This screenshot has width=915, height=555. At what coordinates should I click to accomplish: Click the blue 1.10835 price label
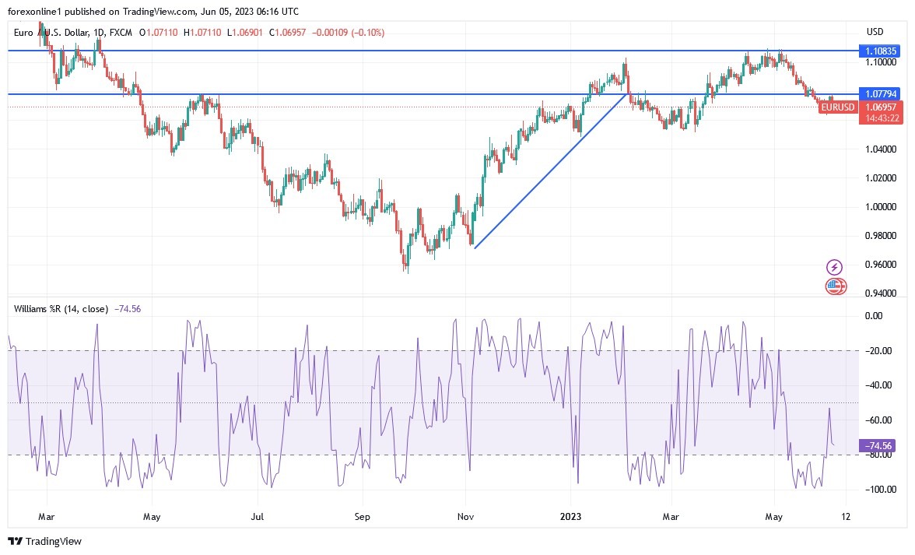pos(881,51)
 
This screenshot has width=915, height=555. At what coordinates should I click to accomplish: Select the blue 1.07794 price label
pos(881,94)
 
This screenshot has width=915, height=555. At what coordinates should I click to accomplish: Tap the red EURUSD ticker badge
pos(837,107)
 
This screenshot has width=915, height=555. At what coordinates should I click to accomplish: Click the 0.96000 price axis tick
pos(881,265)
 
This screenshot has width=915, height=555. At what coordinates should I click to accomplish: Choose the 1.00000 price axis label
pos(881,207)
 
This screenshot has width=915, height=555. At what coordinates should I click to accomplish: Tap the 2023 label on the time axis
pos(571,517)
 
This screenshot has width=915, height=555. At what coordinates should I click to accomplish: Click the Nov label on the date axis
pos(466,517)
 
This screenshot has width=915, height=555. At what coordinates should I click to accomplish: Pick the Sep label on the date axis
pos(361,517)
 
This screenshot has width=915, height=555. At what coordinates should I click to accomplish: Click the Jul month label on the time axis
pos(258,517)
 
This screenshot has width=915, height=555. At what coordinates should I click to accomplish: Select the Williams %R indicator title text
pos(61,309)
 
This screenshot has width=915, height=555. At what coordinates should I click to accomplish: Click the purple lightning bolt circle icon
pos(834,267)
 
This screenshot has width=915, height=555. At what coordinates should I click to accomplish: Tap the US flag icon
pos(835,286)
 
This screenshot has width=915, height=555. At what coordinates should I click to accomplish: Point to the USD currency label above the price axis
pos(875,32)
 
